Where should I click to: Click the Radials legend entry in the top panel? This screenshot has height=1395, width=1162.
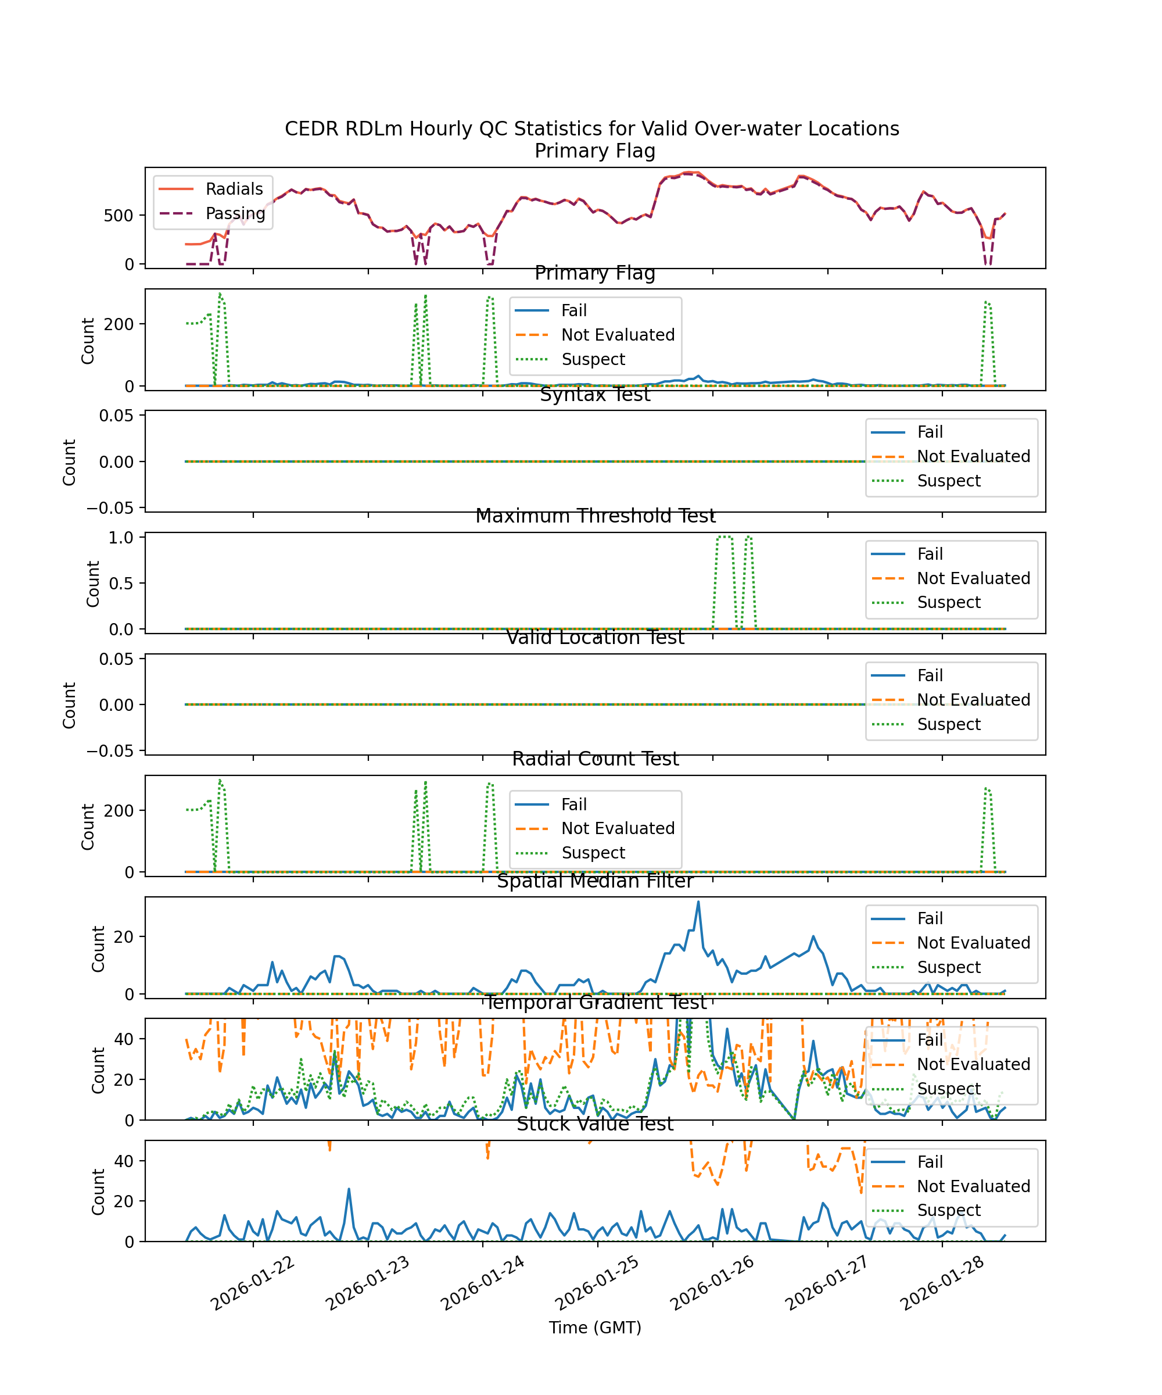coord(234,189)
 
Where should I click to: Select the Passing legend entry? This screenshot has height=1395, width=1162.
coord(235,213)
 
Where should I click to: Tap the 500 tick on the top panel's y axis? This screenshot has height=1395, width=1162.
coord(118,215)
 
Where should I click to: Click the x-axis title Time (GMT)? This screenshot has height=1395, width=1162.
coord(595,1328)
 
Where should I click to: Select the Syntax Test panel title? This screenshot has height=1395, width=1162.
coord(595,395)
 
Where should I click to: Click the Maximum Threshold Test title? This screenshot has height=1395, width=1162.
coord(595,516)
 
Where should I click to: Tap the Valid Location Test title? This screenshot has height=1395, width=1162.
coord(595,638)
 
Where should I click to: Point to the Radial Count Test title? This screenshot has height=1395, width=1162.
coord(595,759)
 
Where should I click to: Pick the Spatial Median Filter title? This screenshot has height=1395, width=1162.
coord(595,881)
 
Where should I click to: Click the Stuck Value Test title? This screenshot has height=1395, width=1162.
coord(595,1124)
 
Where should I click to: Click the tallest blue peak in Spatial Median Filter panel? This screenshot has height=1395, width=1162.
coord(698,902)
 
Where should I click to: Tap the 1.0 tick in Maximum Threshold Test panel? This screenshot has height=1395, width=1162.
coord(121,538)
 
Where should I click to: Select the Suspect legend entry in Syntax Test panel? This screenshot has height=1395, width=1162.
coord(948,481)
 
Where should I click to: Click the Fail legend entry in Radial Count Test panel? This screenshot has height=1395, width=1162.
coord(573,804)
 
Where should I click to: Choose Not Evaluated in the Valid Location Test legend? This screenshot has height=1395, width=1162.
coord(973,700)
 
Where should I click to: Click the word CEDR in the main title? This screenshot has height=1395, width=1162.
coord(311,129)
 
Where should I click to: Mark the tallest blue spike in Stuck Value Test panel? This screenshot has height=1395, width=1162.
coord(349,1190)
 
